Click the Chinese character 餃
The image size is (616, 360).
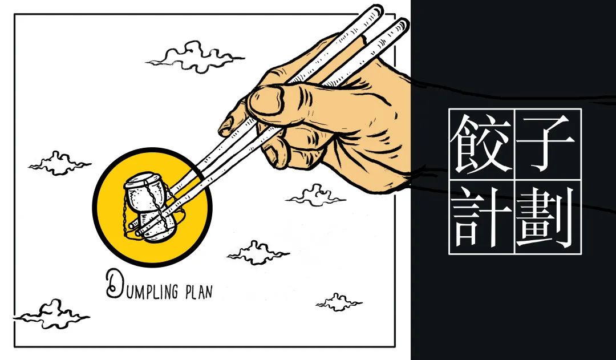[x=481, y=143]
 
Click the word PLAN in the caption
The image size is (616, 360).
[x=198, y=292]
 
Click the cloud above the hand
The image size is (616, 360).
[x=194, y=56]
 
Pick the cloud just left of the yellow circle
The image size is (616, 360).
[x=59, y=163]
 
